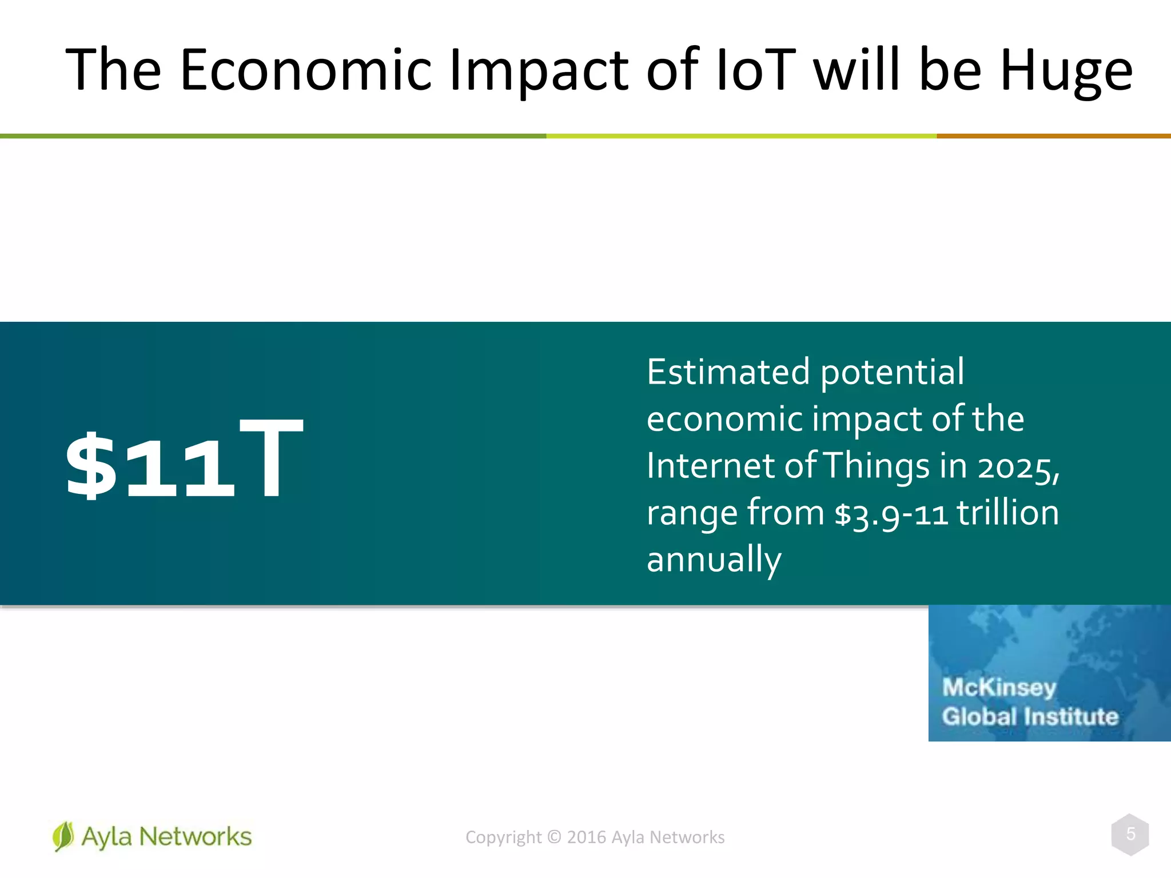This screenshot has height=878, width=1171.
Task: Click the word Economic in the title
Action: [x=305, y=70]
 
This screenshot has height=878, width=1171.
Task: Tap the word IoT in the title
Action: [x=755, y=70]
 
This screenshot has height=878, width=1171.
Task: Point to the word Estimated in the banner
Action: [x=728, y=372]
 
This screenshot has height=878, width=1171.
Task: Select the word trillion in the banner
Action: [x=1007, y=513]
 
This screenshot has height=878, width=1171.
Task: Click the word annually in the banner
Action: [x=714, y=560]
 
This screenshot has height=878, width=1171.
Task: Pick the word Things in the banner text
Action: [x=876, y=466]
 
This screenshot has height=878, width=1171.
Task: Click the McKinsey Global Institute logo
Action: [x=1049, y=673]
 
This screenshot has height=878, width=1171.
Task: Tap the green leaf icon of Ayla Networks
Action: [x=63, y=836]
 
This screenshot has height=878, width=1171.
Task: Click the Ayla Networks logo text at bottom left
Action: [x=166, y=837]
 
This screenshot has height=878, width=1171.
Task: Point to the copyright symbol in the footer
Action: [x=554, y=837]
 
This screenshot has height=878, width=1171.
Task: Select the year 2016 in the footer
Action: [x=586, y=837]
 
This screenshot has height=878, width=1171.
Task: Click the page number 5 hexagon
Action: [x=1130, y=835]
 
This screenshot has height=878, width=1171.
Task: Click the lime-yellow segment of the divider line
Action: [x=741, y=136]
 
